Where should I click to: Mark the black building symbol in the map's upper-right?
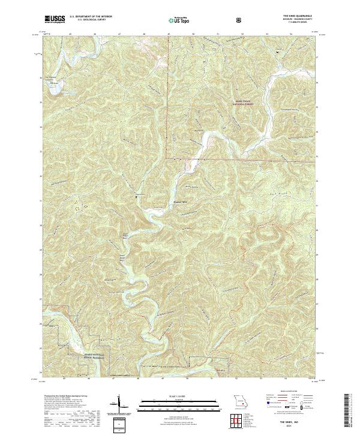(x=277, y=52)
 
